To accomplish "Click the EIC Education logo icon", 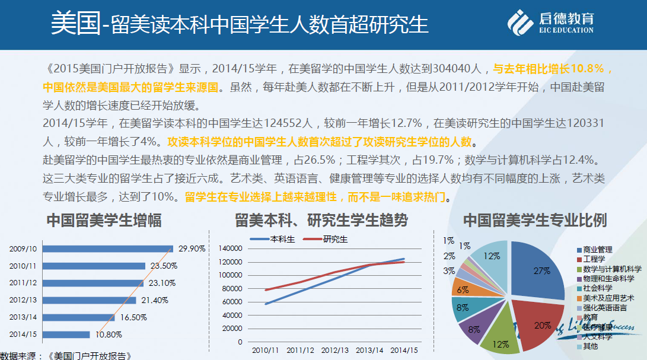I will [520, 23].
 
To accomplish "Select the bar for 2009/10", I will [107, 249].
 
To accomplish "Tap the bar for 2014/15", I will [66, 334].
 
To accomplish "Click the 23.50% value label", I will [163, 266].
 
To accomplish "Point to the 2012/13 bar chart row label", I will [23, 300].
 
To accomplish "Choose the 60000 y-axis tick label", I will [232, 302].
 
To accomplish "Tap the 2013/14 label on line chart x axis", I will [369, 350].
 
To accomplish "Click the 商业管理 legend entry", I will [597, 250].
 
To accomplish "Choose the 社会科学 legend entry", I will [597, 288].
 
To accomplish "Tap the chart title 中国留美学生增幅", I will [104, 221].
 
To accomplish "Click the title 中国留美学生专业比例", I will [534, 221].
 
